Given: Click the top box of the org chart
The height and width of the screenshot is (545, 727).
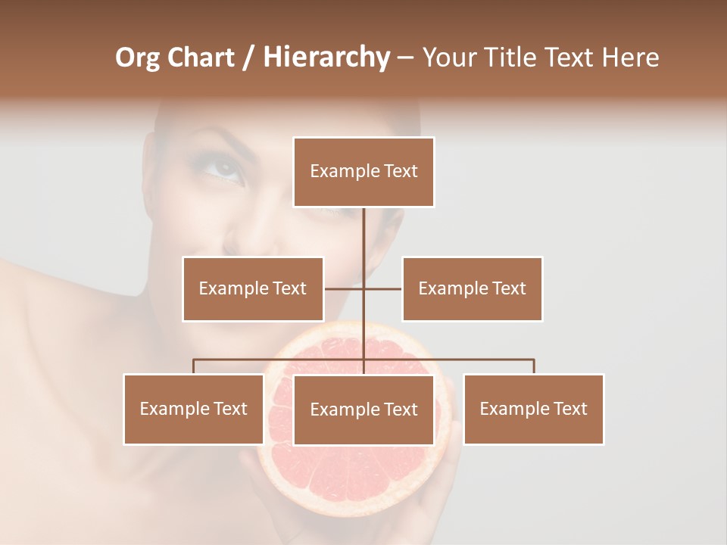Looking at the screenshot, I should pos(363,172).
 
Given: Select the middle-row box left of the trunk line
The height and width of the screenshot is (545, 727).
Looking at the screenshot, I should pos(253,288).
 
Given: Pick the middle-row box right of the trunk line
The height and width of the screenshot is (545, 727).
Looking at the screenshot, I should pos(472,288).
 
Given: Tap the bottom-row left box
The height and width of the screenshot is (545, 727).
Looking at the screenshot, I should pos(194,409).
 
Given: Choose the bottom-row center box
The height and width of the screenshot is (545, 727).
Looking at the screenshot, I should pos(363,410).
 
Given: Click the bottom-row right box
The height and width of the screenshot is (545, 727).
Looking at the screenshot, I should pos(533,409).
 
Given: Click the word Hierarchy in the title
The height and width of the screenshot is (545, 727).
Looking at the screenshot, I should pos(326,58).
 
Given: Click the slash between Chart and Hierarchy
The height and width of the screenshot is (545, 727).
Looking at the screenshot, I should pos(248,58).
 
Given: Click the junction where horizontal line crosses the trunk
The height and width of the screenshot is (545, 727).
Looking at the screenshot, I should pos(363,288).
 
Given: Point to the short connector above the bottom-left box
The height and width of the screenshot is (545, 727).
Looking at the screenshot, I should pos(194,366).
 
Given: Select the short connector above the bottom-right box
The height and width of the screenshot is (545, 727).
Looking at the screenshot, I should pos(534,366).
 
